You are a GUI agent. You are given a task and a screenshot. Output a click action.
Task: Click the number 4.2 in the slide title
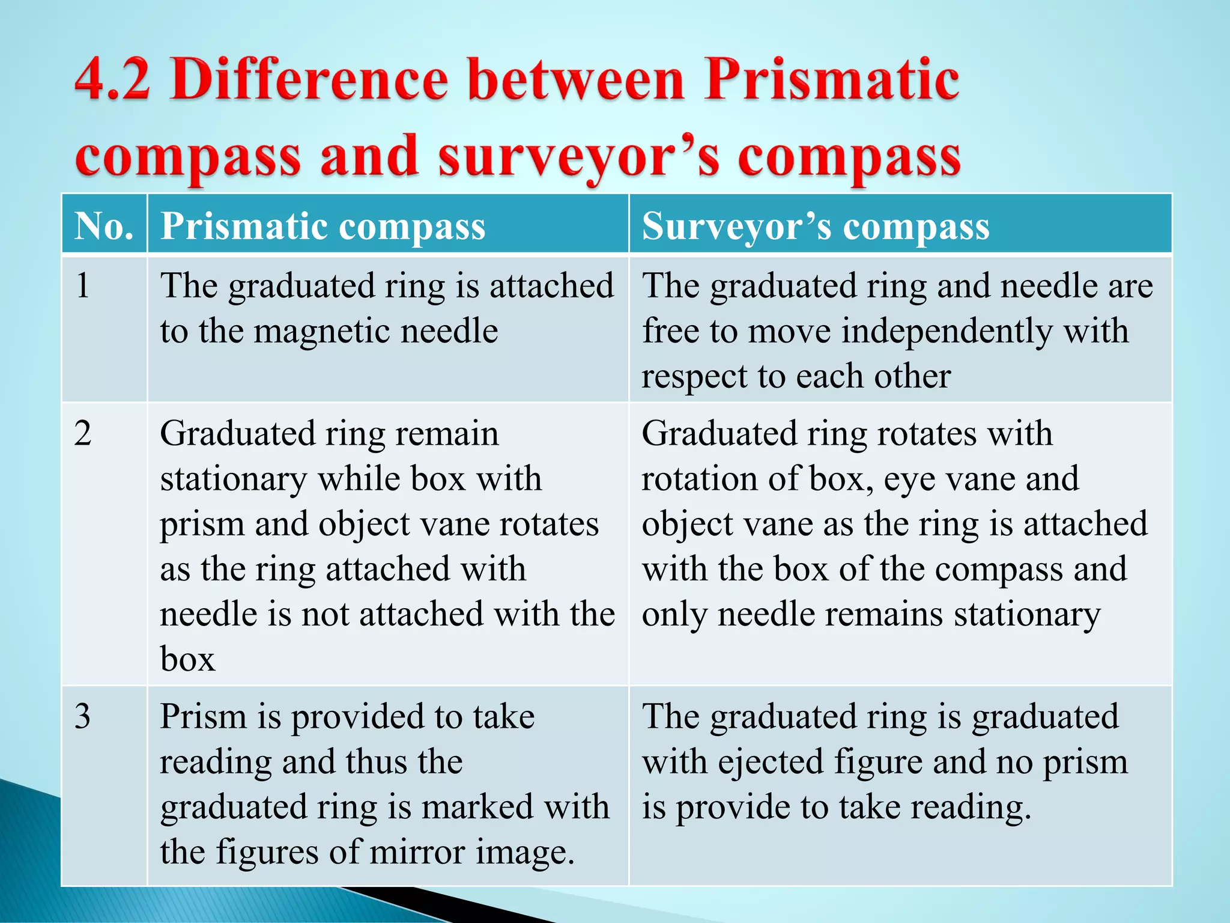coord(112,81)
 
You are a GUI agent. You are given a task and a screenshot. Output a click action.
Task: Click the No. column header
coord(104,227)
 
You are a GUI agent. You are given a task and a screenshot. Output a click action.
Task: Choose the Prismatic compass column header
coord(323,228)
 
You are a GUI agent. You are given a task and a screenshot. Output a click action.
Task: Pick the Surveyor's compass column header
coord(816,228)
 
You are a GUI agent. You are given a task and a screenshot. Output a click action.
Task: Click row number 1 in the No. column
coord(83,285)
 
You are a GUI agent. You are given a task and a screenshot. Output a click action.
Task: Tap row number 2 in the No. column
coord(83,433)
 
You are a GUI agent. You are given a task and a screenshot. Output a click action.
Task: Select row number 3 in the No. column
coord(83,716)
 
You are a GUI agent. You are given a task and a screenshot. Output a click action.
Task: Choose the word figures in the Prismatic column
coord(267,853)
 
